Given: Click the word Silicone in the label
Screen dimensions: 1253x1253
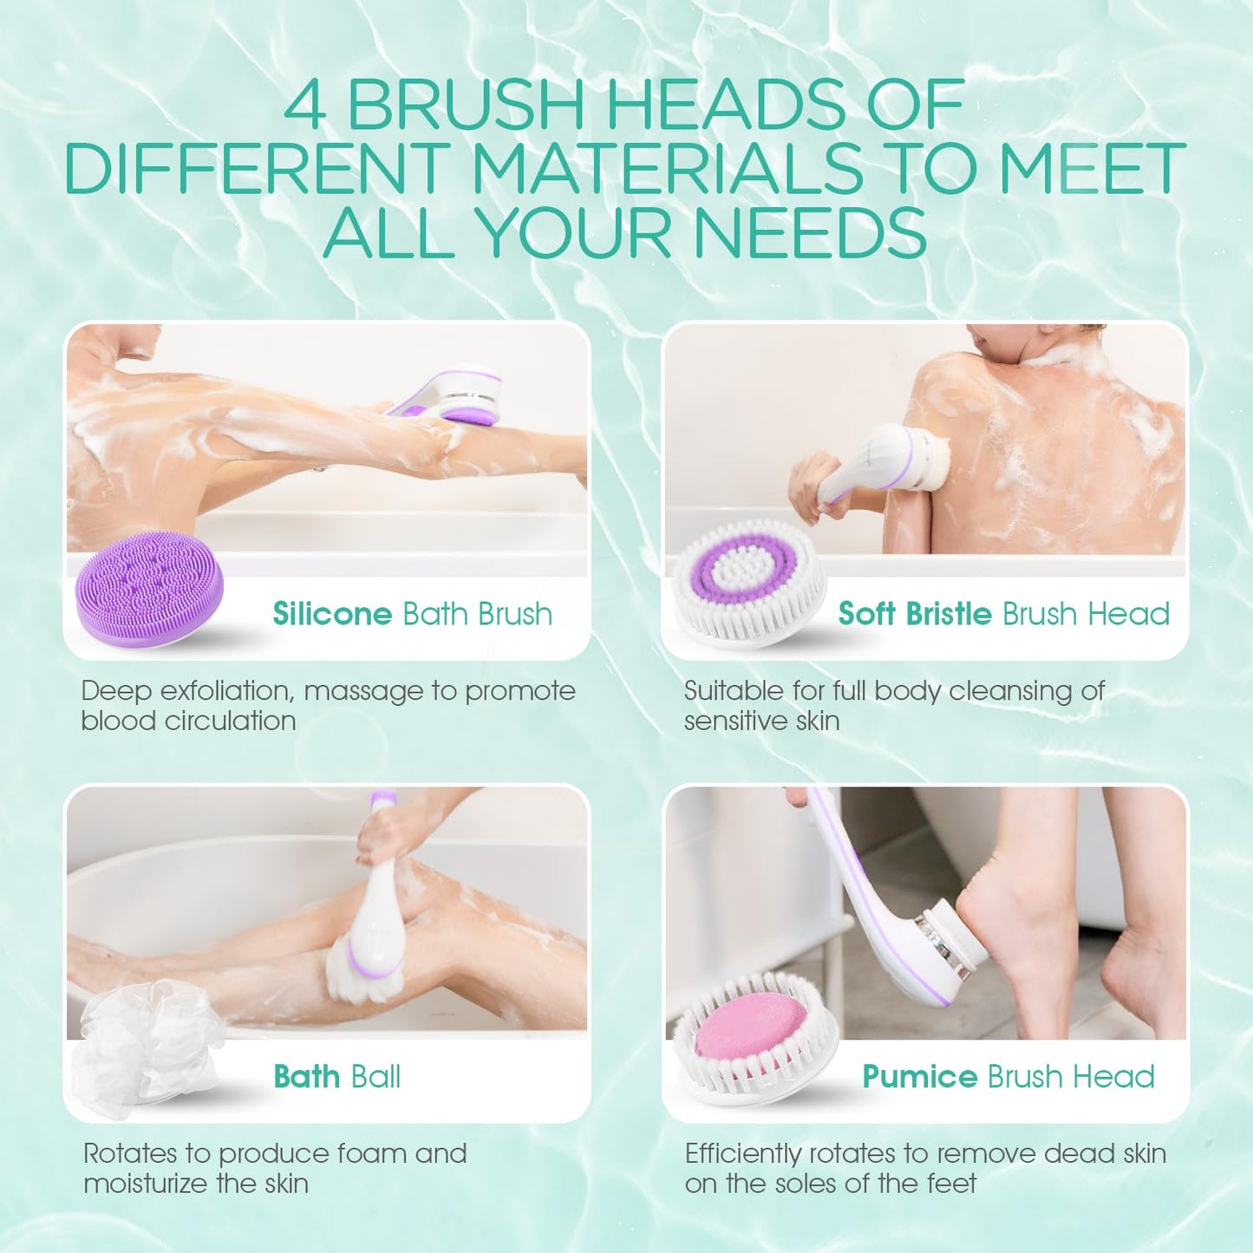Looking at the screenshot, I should (332, 614).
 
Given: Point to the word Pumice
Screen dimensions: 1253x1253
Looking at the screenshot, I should (919, 1077).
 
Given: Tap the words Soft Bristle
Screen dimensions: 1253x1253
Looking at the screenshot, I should (914, 614).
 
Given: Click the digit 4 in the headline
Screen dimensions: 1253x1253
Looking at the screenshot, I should (305, 106).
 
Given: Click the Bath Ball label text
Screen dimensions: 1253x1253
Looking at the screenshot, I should (337, 1077).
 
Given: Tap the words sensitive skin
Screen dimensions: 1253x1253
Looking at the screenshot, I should (761, 721).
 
